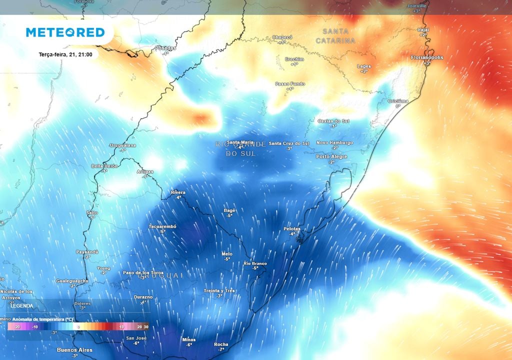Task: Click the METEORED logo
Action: [x=65, y=32]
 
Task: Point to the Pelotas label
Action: [x=292, y=228]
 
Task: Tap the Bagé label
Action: [x=229, y=210]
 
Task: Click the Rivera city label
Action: [x=178, y=192]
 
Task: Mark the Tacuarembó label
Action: [x=162, y=226]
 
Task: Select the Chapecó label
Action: [x=282, y=37]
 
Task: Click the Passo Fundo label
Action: [x=290, y=83]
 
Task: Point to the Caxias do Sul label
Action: [x=333, y=121]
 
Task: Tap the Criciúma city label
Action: [x=398, y=101]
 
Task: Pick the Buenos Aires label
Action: [x=74, y=349]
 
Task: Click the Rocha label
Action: [x=221, y=344]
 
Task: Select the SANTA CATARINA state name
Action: [x=335, y=35]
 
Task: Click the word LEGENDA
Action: [x=22, y=305]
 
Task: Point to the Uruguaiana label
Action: [x=122, y=145]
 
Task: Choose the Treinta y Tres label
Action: [x=219, y=290]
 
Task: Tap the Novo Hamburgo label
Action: [x=334, y=142]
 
